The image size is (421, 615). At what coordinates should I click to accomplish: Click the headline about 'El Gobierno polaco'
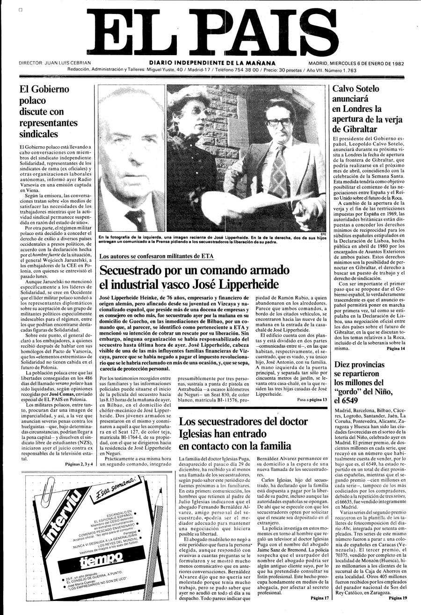point(48,111)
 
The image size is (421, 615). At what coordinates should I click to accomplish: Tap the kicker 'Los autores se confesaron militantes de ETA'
point(159,257)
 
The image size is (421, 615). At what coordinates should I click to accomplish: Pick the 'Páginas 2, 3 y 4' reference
point(80,464)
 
